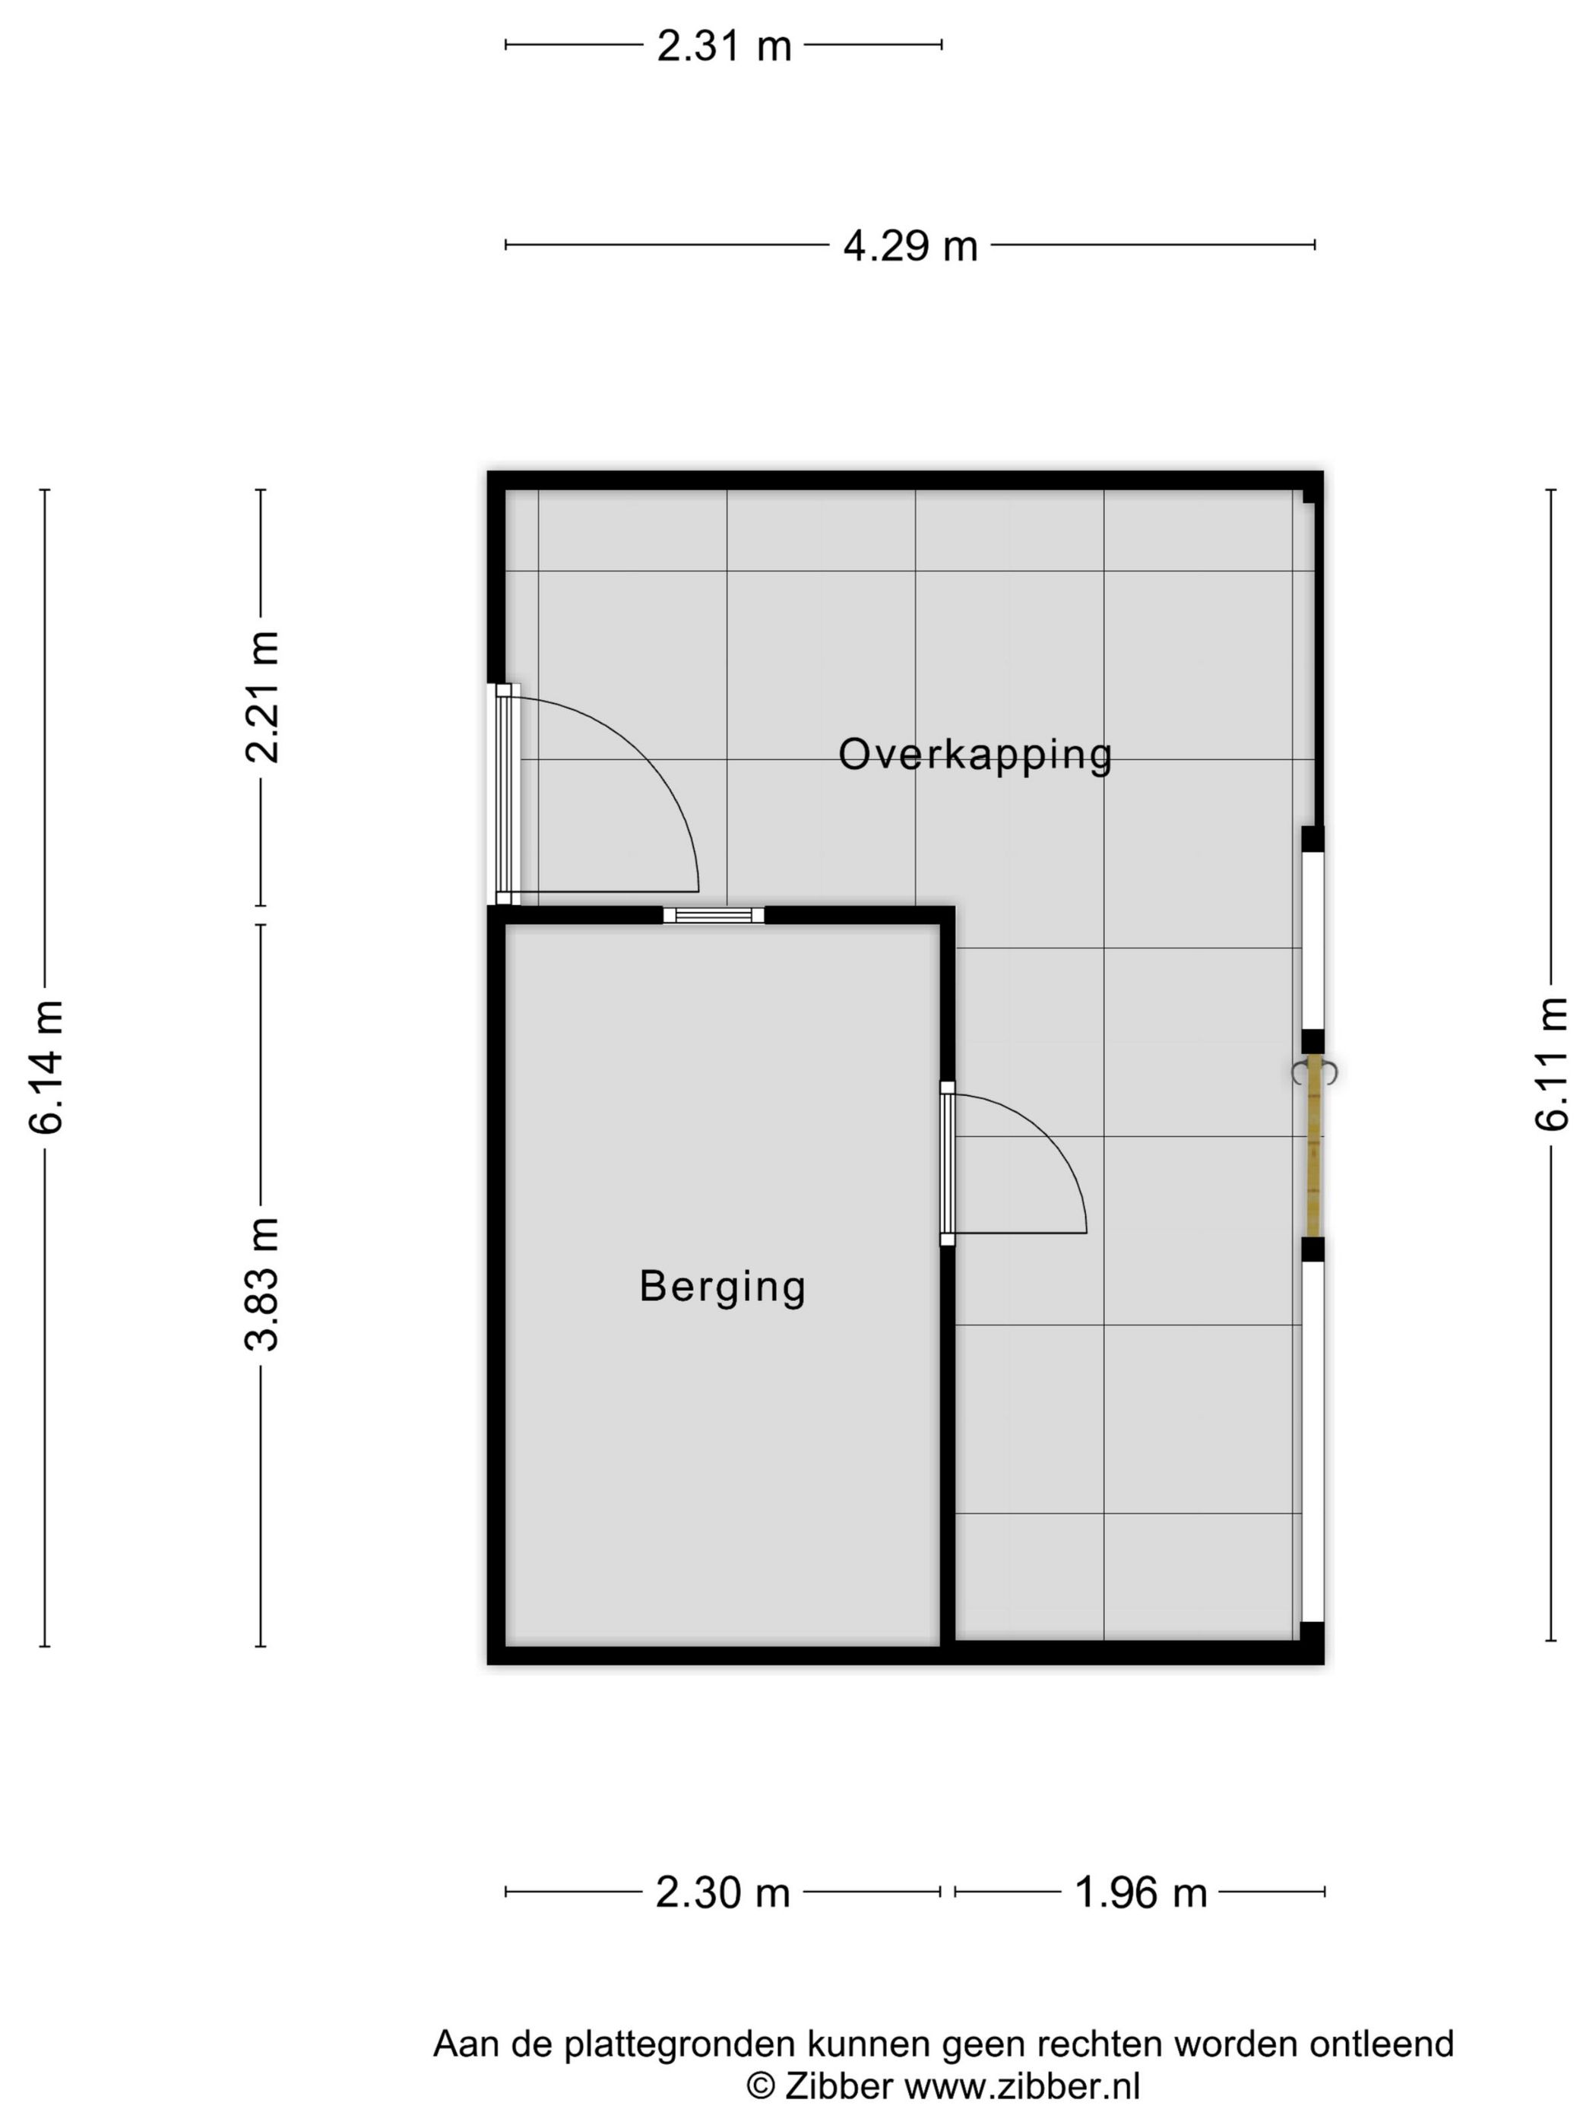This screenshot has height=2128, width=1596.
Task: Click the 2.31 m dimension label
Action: tap(724, 45)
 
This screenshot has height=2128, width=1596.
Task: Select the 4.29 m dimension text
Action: tap(910, 246)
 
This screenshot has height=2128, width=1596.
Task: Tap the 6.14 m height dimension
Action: tap(46, 1066)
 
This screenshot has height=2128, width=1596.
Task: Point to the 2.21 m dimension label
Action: tap(261, 698)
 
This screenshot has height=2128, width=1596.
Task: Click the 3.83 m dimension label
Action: tap(261, 1284)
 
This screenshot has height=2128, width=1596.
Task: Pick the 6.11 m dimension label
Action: tap(1551, 1063)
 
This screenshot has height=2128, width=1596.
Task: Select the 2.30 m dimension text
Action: tap(723, 1892)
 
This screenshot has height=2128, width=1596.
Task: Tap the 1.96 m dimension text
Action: tap(1140, 1892)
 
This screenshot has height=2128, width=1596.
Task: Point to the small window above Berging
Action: tap(713, 915)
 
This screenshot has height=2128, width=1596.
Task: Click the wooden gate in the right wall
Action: tap(1313, 1145)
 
